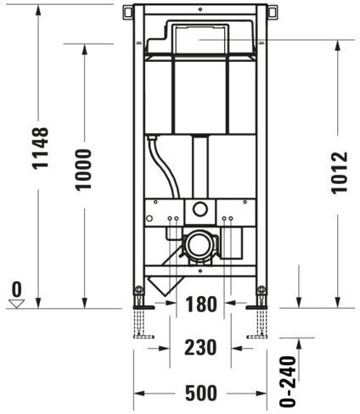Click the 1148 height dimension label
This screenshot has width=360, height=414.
tap(41, 148)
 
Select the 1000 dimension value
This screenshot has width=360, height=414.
tap(83, 169)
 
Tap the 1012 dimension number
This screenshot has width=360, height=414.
tap(339, 172)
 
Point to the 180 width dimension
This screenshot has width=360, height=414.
tap(200, 304)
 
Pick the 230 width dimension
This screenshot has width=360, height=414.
tap(200, 347)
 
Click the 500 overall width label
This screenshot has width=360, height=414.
tap(201, 393)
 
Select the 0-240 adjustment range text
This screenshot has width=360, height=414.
tap(288, 381)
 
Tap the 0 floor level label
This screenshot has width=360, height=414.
tap(17, 289)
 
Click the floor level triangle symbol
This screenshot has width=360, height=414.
tap(16, 304)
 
